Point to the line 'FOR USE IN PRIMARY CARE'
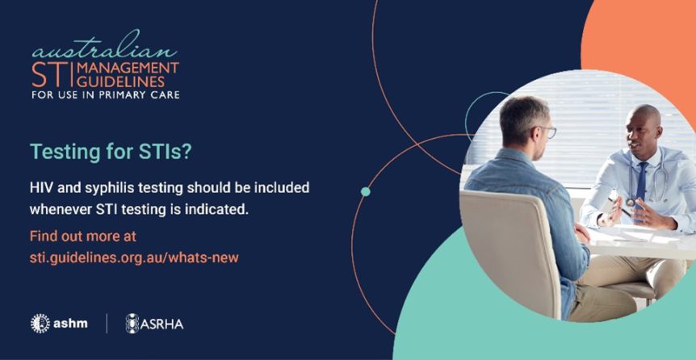tap(105, 95)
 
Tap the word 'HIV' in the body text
tap(41, 187)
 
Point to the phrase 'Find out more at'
tap(83, 237)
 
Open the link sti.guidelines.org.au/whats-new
tap(134, 257)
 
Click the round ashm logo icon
tap(40, 324)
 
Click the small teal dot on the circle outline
tap(366, 191)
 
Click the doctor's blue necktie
tap(641, 182)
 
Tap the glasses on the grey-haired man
tap(548, 132)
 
